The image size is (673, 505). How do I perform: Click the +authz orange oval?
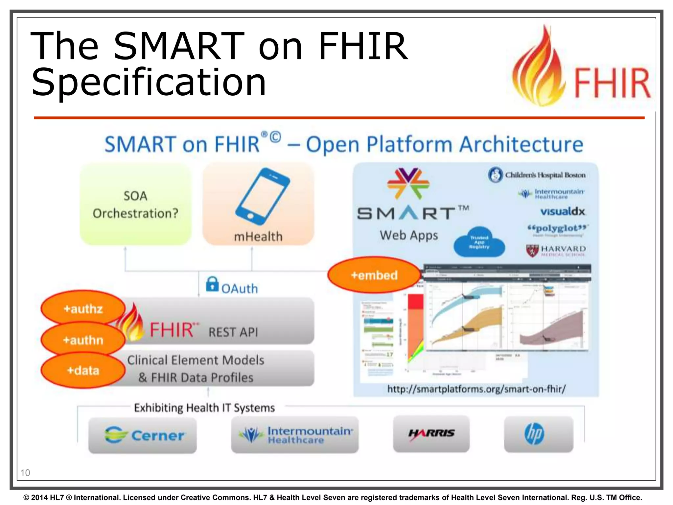[83, 308]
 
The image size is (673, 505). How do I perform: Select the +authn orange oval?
[83, 340]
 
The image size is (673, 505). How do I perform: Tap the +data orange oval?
[83, 371]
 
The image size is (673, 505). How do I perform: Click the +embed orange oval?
[374, 275]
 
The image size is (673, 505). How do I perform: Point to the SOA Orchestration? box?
[135, 204]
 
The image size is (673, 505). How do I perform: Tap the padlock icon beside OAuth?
[212, 284]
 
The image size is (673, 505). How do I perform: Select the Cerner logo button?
[143, 435]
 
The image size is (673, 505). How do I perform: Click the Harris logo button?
[431, 433]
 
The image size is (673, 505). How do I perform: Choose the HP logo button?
[539, 434]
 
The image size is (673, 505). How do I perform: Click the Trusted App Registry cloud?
[479, 242]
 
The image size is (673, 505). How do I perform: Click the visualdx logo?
[563, 211]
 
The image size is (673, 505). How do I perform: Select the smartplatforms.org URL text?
[476, 389]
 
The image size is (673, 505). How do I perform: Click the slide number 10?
[25, 472]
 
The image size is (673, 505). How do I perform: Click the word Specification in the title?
[149, 82]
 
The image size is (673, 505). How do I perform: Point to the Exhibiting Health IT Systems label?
[204, 408]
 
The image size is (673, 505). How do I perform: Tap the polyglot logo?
[557, 229]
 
